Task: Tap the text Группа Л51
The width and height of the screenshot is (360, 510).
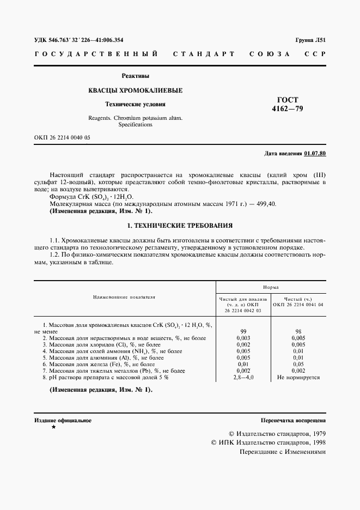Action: click(310, 40)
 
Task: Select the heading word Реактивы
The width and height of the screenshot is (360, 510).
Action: click(135, 76)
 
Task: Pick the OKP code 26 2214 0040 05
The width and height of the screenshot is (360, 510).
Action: click(62, 137)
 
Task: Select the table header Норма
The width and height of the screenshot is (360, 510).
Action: click(271, 286)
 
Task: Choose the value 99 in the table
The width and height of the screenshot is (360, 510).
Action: click(243, 331)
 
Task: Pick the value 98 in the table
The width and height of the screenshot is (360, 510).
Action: click(298, 331)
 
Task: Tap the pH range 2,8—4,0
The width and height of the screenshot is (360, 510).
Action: click(243, 377)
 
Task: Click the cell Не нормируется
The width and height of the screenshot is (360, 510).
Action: click(298, 377)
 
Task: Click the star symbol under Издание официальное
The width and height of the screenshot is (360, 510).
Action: click(53, 428)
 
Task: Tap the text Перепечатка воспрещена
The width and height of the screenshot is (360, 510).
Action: click(293, 421)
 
